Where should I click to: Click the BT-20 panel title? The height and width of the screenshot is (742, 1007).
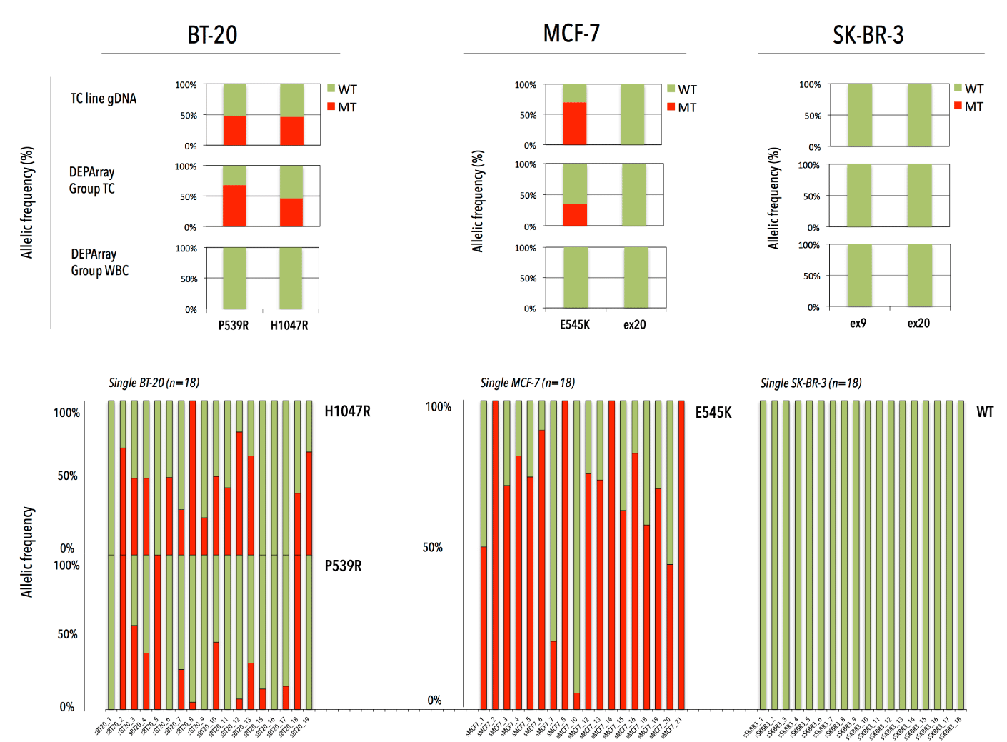coord(212,35)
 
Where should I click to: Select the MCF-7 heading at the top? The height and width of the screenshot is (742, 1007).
coord(571,34)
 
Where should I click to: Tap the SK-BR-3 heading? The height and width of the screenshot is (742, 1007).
coord(868,35)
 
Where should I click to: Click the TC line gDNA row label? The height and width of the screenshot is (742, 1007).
coord(103,99)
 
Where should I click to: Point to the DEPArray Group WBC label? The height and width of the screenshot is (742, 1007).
coord(99,262)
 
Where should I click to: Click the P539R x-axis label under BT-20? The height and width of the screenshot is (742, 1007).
coord(234,326)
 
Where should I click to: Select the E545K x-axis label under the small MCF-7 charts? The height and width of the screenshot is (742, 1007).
coord(574,325)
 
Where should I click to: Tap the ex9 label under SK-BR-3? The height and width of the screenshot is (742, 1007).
coord(858,324)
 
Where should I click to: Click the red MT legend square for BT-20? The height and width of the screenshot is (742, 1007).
coord(331,106)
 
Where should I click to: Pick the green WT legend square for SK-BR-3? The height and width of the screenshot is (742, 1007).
coord(958,88)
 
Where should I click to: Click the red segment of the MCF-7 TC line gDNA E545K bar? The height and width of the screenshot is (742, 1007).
coord(575,124)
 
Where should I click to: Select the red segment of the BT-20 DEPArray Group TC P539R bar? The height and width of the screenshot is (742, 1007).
coord(234,206)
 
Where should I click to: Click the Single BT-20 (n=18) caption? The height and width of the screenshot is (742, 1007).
coord(154,383)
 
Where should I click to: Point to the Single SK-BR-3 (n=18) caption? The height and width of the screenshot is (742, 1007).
coord(811,383)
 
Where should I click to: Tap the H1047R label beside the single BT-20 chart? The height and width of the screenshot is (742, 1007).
coord(347,411)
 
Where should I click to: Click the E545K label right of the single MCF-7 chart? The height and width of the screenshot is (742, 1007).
coord(713,413)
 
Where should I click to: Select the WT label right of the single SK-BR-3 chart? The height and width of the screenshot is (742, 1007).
coord(985,412)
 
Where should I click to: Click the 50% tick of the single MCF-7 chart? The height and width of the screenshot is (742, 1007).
coord(432,548)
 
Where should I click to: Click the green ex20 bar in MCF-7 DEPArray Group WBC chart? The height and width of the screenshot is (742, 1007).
coord(636,277)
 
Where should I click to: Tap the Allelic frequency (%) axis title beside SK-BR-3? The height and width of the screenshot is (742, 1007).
coord(773,198)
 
